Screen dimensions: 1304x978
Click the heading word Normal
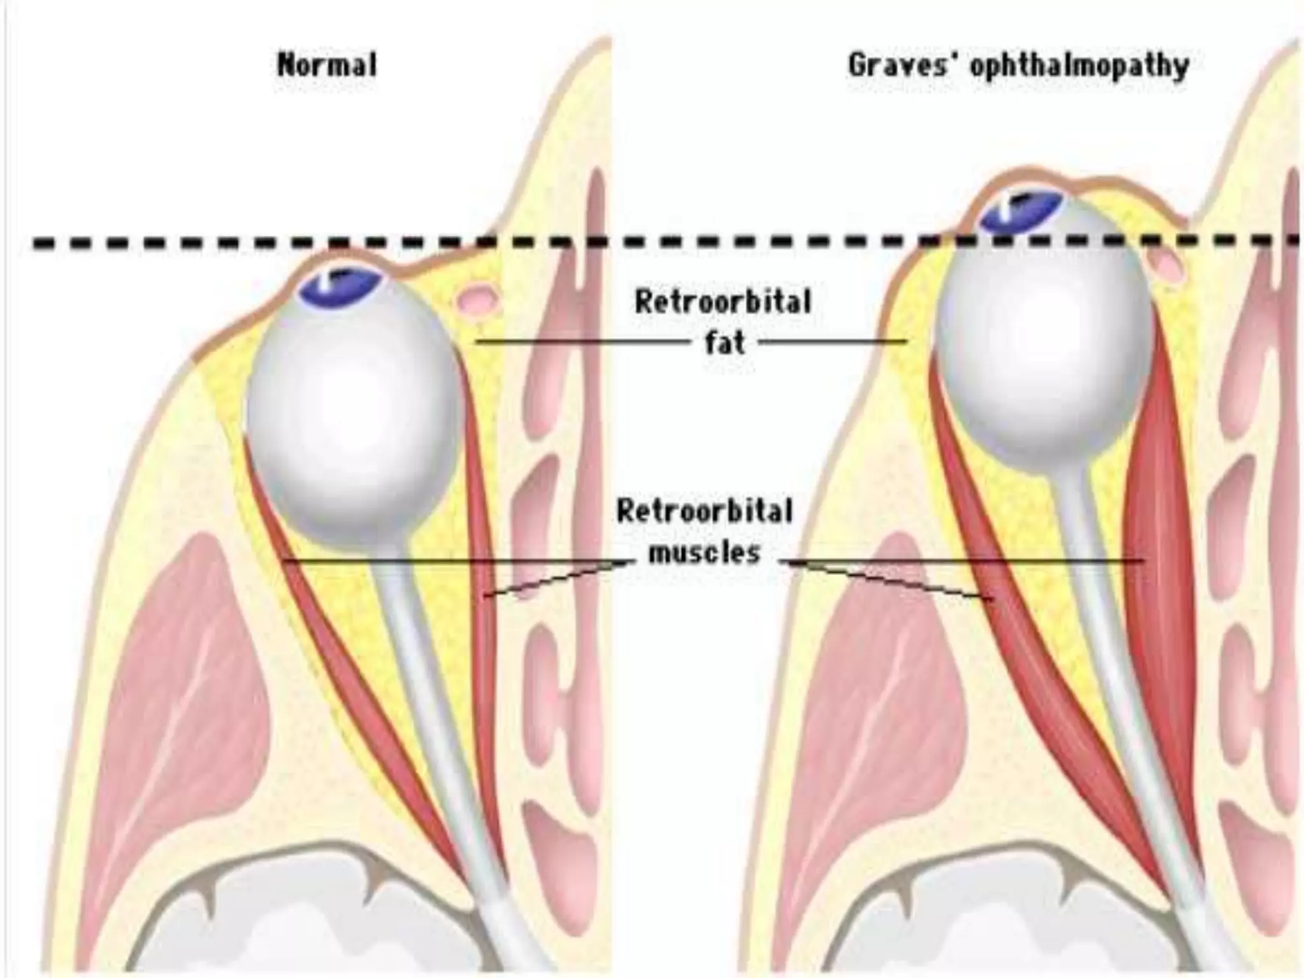click(x=327, y=65)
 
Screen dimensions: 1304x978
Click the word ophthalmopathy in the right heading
click(x=1079, y=66)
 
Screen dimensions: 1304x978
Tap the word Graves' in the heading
click(x=904, y=65)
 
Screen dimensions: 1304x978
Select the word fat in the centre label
click(x=725, y=343)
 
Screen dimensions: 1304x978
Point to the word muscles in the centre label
click(x=704, y=551)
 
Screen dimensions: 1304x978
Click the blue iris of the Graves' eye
click(x=1022, y=211)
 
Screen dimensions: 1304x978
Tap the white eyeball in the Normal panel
click(x=353, y=420)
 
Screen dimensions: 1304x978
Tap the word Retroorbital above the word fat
click(x=723, y=302)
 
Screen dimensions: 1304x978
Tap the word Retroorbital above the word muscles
click(x=705, y=511)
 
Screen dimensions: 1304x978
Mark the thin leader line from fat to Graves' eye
click(x=834, y=342)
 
